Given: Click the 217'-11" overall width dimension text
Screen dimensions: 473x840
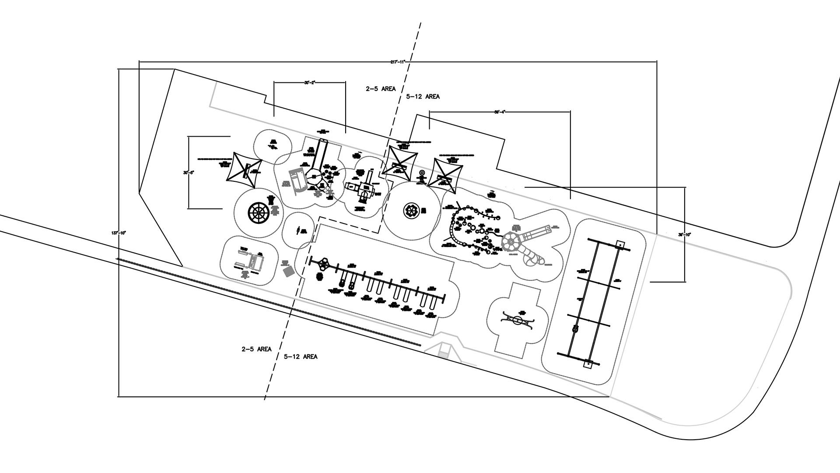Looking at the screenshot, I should click(x=398, y=62).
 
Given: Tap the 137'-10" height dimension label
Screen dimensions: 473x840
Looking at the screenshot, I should click(x=119, y=233).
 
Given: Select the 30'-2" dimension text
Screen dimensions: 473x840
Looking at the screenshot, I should click(x=310, y=82).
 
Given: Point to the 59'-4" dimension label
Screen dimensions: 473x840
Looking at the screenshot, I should click(x=500, y=112).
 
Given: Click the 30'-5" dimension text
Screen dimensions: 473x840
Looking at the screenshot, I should click(x=189, y=173).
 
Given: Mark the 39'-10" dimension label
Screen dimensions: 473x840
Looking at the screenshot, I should click(x=685, y=235).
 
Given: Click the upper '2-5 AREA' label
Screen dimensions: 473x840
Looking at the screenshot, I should click(x=381, y=89).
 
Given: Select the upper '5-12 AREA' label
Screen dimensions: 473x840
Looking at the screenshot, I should click(x=423, y=96).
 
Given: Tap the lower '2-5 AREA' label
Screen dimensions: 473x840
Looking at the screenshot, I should click(x=256, y=349).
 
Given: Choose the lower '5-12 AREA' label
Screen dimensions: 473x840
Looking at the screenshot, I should click(x=301, y=357).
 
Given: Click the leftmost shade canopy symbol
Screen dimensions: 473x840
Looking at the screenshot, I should click(x=244, y=170).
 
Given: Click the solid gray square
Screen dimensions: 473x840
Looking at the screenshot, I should click(x=289, y=271).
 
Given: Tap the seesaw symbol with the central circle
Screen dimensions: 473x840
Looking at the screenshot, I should click(x=518, y=320).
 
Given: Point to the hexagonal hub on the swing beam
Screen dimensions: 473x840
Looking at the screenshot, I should click(x=324, y=264).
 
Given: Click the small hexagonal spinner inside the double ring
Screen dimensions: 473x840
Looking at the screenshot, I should click(x=411, y=211).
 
